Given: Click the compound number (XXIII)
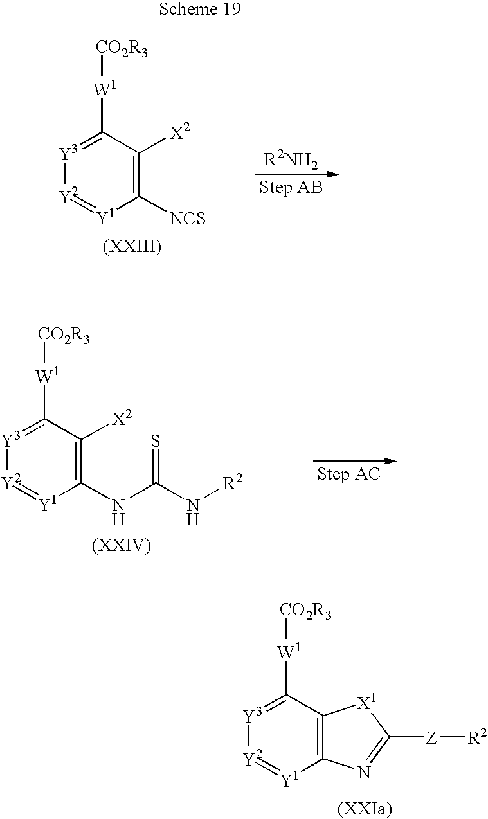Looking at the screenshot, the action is click(x=132, y=248).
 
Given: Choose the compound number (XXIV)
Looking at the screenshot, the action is click(x=121, y=546).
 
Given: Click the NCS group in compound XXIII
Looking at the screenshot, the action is click(x=188, y=219).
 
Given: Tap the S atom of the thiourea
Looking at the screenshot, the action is click(x=156, y=441).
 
